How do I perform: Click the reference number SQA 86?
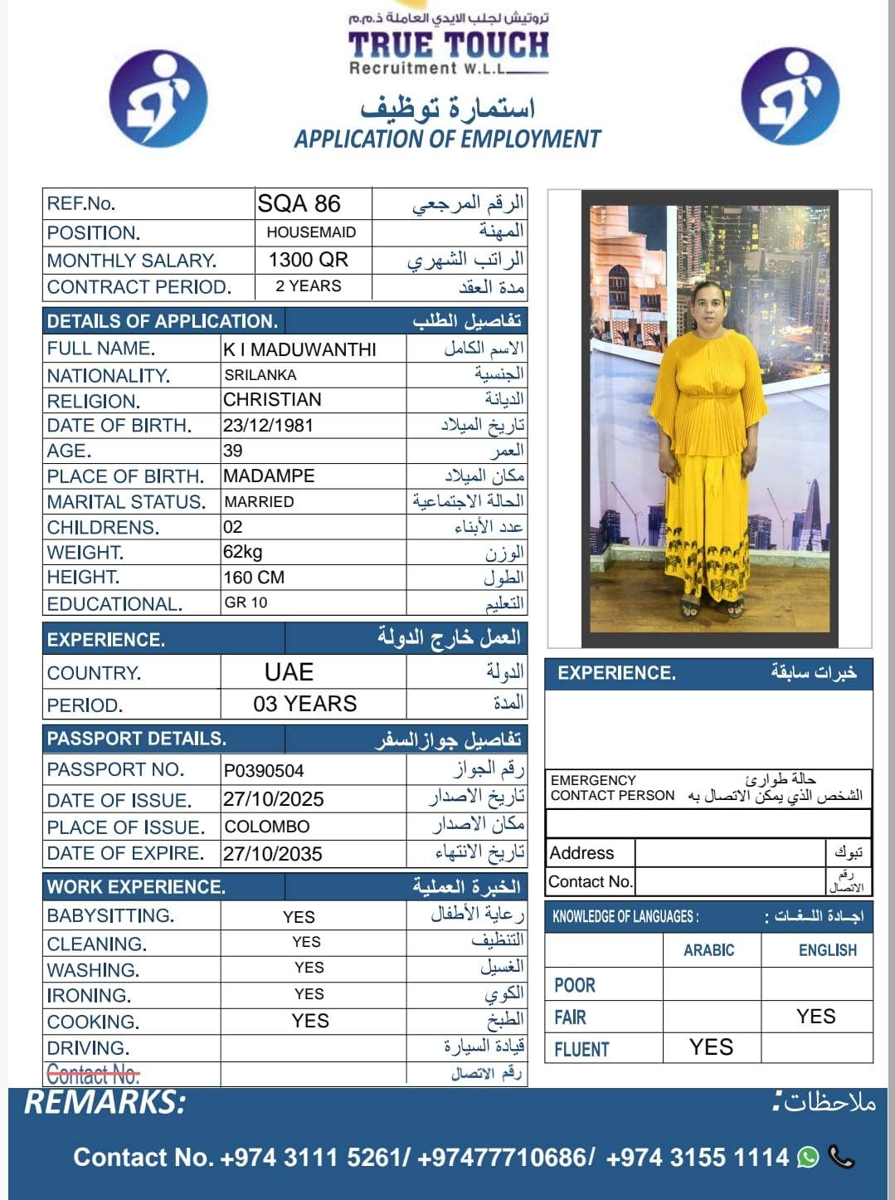[x=299, y=203]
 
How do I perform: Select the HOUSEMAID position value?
[x=311, y=232]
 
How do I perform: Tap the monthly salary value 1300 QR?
[x=308, y=260]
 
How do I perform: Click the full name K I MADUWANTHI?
[x=299, y=349]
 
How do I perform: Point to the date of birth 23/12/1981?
[x=268, y=426]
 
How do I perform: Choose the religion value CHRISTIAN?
[x=272, y=400]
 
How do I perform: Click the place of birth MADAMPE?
[x=269, y=476]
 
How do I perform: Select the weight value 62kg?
[x=242, y=553]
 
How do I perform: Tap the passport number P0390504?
[x=264, y=771]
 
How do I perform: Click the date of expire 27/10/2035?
[x=272, y=854]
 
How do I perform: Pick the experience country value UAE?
[x=289, y=672]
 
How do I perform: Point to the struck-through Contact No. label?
[x=93, y=1075]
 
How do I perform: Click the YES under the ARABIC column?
[x=711, y=1047]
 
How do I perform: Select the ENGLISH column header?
[x=827, y=950]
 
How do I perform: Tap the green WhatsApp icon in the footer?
[x=808, y=1157]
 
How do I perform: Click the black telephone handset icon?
[x=841, y=1157]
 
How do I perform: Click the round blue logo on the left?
[x=158, y=99]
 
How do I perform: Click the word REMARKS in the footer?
[x=105, y=1103]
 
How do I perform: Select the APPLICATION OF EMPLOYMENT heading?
[x=447, y=139]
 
